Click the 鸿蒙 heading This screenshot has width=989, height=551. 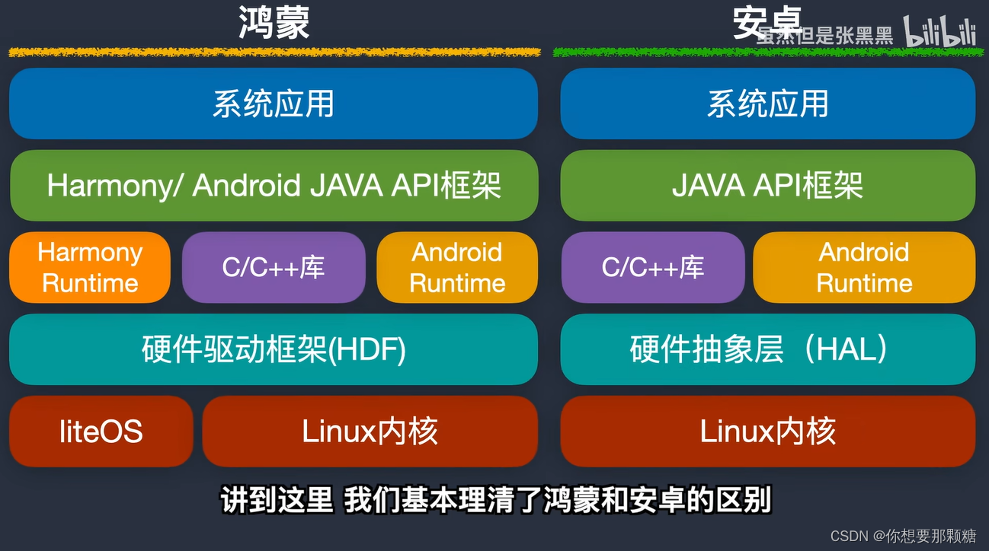[x=274, y=22]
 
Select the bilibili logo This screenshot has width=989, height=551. [x=939, y=32]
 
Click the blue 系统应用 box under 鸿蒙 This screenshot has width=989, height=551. [x=274, y=104]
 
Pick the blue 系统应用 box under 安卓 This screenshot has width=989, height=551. [x=767, y=104]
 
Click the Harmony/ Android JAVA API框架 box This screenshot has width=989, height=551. [x=274, y=186]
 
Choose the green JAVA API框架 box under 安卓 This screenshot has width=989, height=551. [x=767, y=186]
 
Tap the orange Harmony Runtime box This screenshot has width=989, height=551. [x=90, y=267]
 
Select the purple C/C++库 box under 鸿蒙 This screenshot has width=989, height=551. [x=274, y=267]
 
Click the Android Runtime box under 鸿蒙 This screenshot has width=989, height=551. [x=457, y=267]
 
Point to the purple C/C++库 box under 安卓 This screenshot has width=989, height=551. [x=652, y=267]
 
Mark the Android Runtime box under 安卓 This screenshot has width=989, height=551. [x=864, y=267]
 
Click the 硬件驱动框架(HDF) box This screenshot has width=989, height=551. [x=274, y=349]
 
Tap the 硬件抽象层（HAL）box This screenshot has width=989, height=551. [x=767, y=349]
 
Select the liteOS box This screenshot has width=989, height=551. [x=101, y=432]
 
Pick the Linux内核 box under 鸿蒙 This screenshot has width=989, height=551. [x=370, y=432]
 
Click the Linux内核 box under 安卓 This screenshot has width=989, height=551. [x=767, y=432]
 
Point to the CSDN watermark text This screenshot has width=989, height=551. [x=903, y=536]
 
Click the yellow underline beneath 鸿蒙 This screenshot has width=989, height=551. [x=274, y=53]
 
